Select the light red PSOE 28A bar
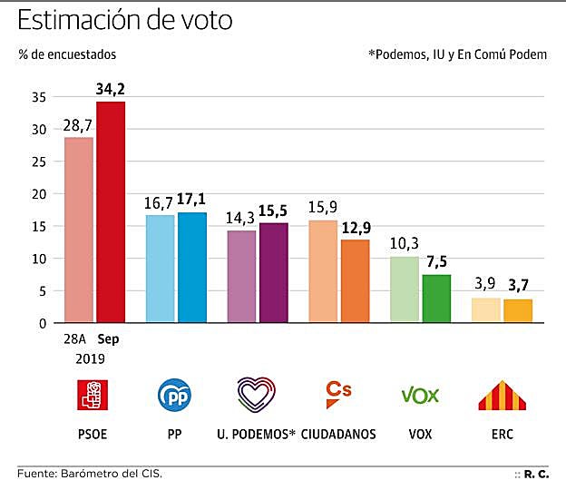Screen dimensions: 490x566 point(78,230)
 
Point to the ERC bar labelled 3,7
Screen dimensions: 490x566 point(518,310)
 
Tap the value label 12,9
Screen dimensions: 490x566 point(355,227)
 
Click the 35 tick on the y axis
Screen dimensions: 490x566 point(38,97)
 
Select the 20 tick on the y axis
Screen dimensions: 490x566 point(38,194)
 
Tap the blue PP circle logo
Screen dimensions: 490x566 point(174,396)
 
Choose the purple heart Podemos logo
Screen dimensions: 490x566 point(256,396)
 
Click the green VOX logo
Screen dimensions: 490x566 point(420,396)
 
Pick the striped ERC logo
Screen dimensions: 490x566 point(502,396)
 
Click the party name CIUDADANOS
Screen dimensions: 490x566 point(338,435)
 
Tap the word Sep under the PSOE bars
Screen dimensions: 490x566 point(108,339)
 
